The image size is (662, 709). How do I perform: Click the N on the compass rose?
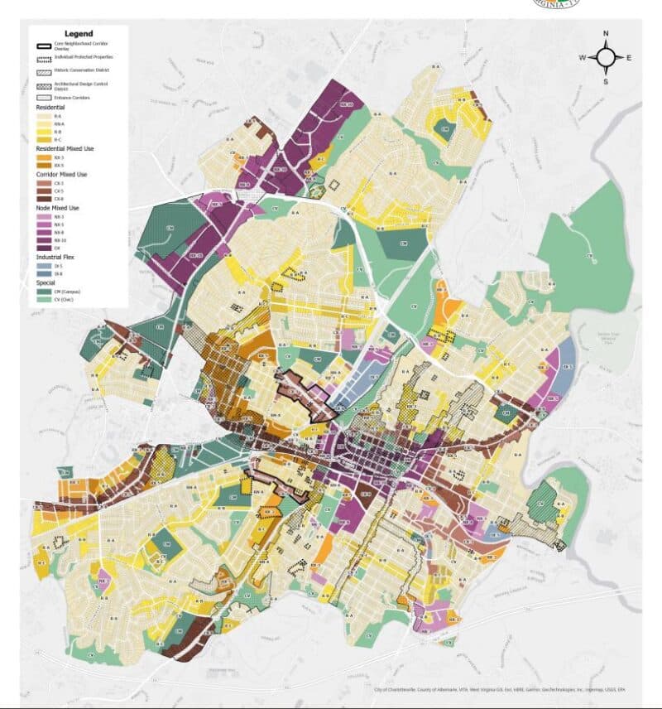[606, 34]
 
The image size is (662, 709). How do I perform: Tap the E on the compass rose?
[629, 57]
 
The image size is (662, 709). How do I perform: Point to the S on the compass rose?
[606, 81]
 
